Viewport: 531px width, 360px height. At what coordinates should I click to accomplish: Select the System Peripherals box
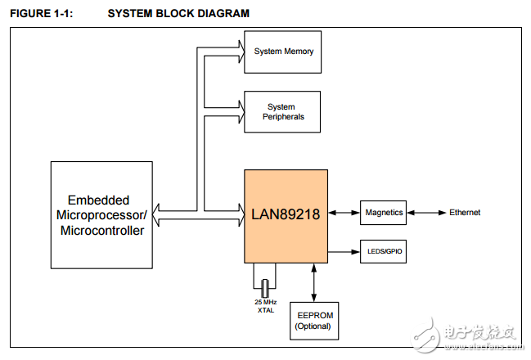click(x=282, y=111)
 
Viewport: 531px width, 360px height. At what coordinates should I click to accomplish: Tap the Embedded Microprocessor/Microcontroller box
click(x=101, y=214)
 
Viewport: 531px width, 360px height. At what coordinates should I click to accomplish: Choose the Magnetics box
click(x=384, y=213)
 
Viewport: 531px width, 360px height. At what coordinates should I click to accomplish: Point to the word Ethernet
click(x=465, y=213)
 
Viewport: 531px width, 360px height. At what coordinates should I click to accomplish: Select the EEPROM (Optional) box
click(x=313, y=320)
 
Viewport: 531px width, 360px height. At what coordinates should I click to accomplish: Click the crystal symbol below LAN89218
click(x=264, y=286)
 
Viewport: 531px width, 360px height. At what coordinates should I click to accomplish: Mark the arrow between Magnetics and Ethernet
click(x=425, y=213)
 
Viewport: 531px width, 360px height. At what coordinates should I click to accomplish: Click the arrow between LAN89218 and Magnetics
click(x=344, y=213)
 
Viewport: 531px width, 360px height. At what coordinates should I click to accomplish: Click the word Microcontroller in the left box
click(x=101, y=231)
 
